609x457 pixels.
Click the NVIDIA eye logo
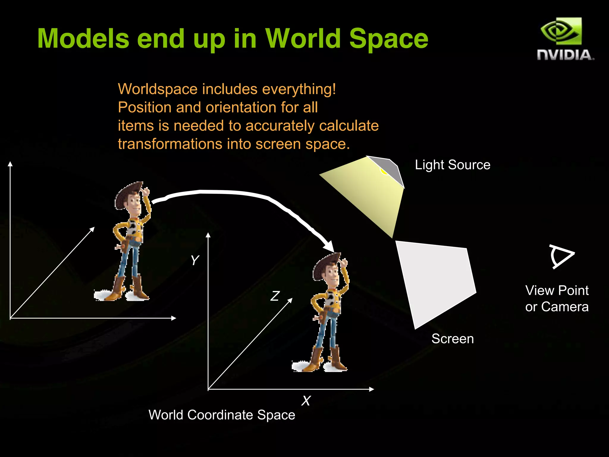[x=561, y=31]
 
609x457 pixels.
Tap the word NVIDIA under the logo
[x=565, y=55]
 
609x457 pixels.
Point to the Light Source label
[x=452, y=165]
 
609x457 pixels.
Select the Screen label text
[x=452, y=339]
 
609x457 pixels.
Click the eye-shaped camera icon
[x=561, y=256]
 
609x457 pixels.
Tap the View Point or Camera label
[x=557, y=298]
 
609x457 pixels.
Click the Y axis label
[x=195, y=260]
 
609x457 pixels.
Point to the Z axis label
[x=275, y=296]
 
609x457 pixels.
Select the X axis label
[x=306, y=401]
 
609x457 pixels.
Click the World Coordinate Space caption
[x=222, y=415]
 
